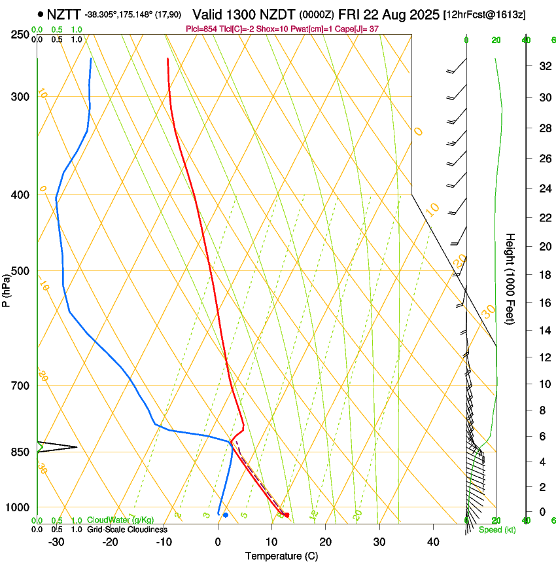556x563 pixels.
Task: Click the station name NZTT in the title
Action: (64, 14)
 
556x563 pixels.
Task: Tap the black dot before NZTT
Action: (41, 14)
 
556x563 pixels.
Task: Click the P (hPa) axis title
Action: (6, 288)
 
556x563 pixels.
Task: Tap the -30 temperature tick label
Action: (56, 542)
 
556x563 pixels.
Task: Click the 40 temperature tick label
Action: (432, 542)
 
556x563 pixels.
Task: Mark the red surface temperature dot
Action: (287, 515)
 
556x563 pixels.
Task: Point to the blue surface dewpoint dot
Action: (225, 515)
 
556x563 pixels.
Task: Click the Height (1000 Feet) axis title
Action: (510, 278)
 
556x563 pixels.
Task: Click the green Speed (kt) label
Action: (496, 530)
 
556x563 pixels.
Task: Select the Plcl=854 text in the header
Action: (202, 29)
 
